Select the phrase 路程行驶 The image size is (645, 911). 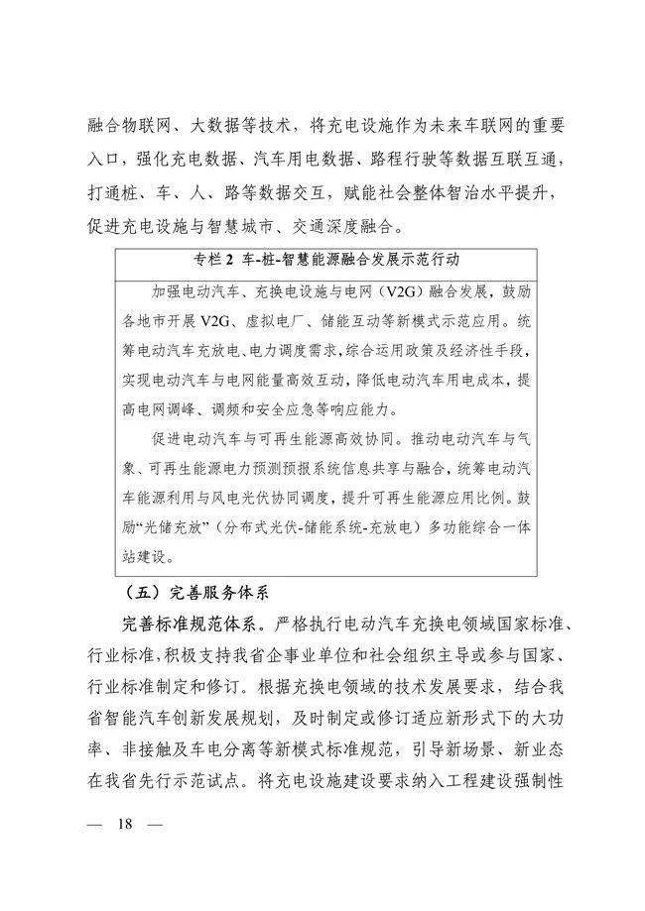pos(404,159)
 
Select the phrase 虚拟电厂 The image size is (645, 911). pos(275,322)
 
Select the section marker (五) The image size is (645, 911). pos(138,595)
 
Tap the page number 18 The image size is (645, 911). pos(125,824)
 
